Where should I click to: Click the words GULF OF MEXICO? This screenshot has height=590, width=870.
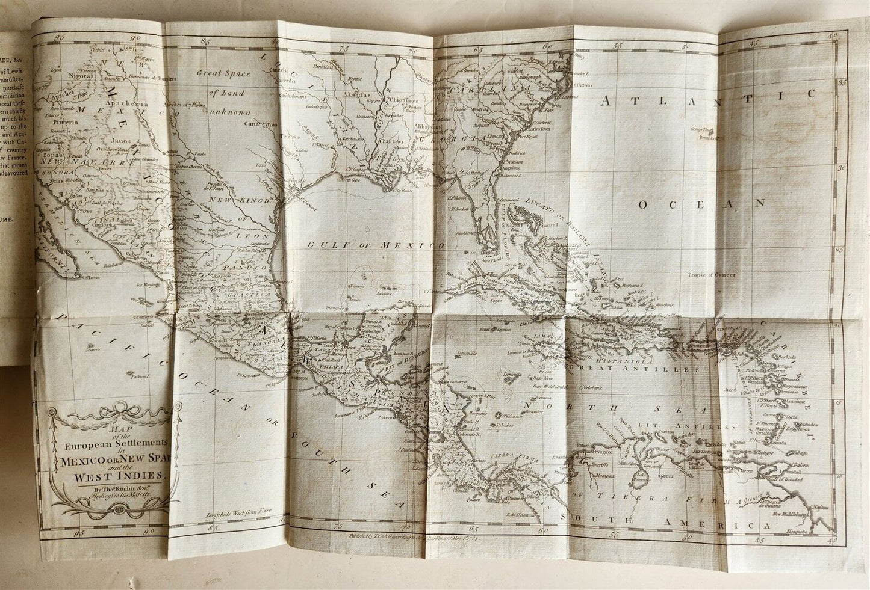[x=375, y=245]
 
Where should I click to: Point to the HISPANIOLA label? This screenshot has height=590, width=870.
[x=604, y=355]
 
